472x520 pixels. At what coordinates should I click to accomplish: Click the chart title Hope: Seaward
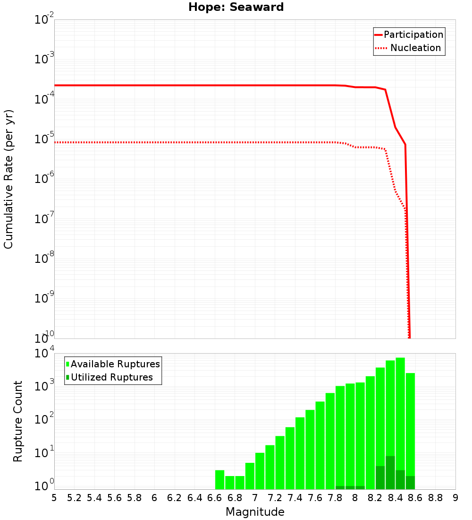tap(236, 8)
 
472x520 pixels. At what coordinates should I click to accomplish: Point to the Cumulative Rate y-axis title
tap(8, 179)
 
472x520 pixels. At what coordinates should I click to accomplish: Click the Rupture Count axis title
tap(18, 421)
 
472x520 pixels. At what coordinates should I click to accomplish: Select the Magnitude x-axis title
tap(255, 512)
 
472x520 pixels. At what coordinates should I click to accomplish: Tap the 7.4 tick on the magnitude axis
tap(295, 498)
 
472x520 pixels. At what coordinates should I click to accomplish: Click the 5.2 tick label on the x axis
tap(75, 498)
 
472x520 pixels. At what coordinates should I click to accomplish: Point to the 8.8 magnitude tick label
tap(435, 498)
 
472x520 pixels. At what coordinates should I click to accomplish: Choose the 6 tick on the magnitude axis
tap(154, 498)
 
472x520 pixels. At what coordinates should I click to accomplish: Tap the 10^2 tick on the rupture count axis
tap(44, 419)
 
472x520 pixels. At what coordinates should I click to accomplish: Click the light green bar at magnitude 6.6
tap(219, 479)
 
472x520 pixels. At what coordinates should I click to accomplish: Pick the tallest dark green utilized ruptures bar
tap(390, 472)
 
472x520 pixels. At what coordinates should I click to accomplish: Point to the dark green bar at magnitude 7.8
tap(340, 487)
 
